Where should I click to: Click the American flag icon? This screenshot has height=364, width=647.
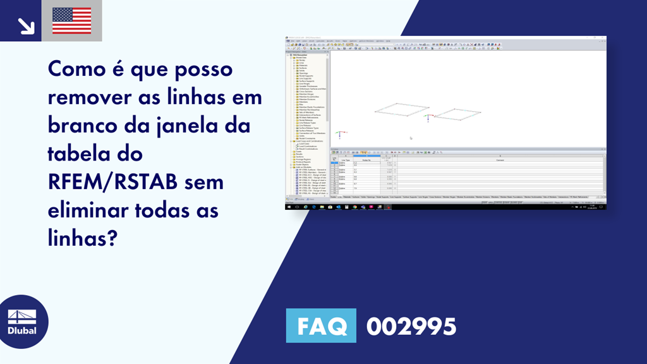coord(71,21)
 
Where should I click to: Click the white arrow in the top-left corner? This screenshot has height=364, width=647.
coord(26,25)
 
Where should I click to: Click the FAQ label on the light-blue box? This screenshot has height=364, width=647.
coord(321,326)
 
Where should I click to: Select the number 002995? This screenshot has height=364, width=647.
coord(411,326)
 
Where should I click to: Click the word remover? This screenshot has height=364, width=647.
coord(94,98)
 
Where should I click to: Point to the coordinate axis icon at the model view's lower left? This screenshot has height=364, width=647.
coord(340,135)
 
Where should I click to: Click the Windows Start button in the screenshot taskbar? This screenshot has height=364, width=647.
coord(289,207)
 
